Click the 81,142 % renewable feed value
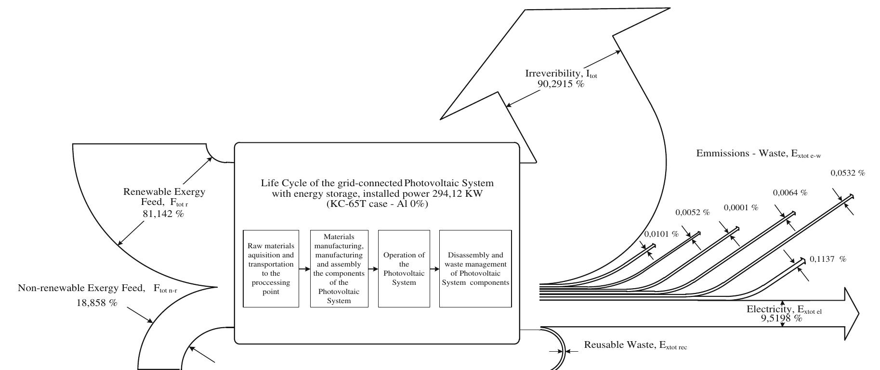[x=163, y=214]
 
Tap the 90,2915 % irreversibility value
[x=561, y=84]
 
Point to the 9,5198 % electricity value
[x=782, y=318]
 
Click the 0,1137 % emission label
[x=827, y=259]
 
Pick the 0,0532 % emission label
[x=848, y=173]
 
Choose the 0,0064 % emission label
[x=790, y=193]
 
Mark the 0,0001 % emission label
[x=741, y=208]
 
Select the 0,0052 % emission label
[x=692, y=213]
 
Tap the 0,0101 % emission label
[x=661, y=235]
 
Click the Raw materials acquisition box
[x=271, y=268]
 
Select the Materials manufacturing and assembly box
[x=339, y=268]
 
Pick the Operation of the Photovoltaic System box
[x=404, y=268]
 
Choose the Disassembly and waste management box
[x=475, y=268]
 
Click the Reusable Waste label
[x=635, y=345]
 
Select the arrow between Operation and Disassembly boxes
[x=434, y=269]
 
